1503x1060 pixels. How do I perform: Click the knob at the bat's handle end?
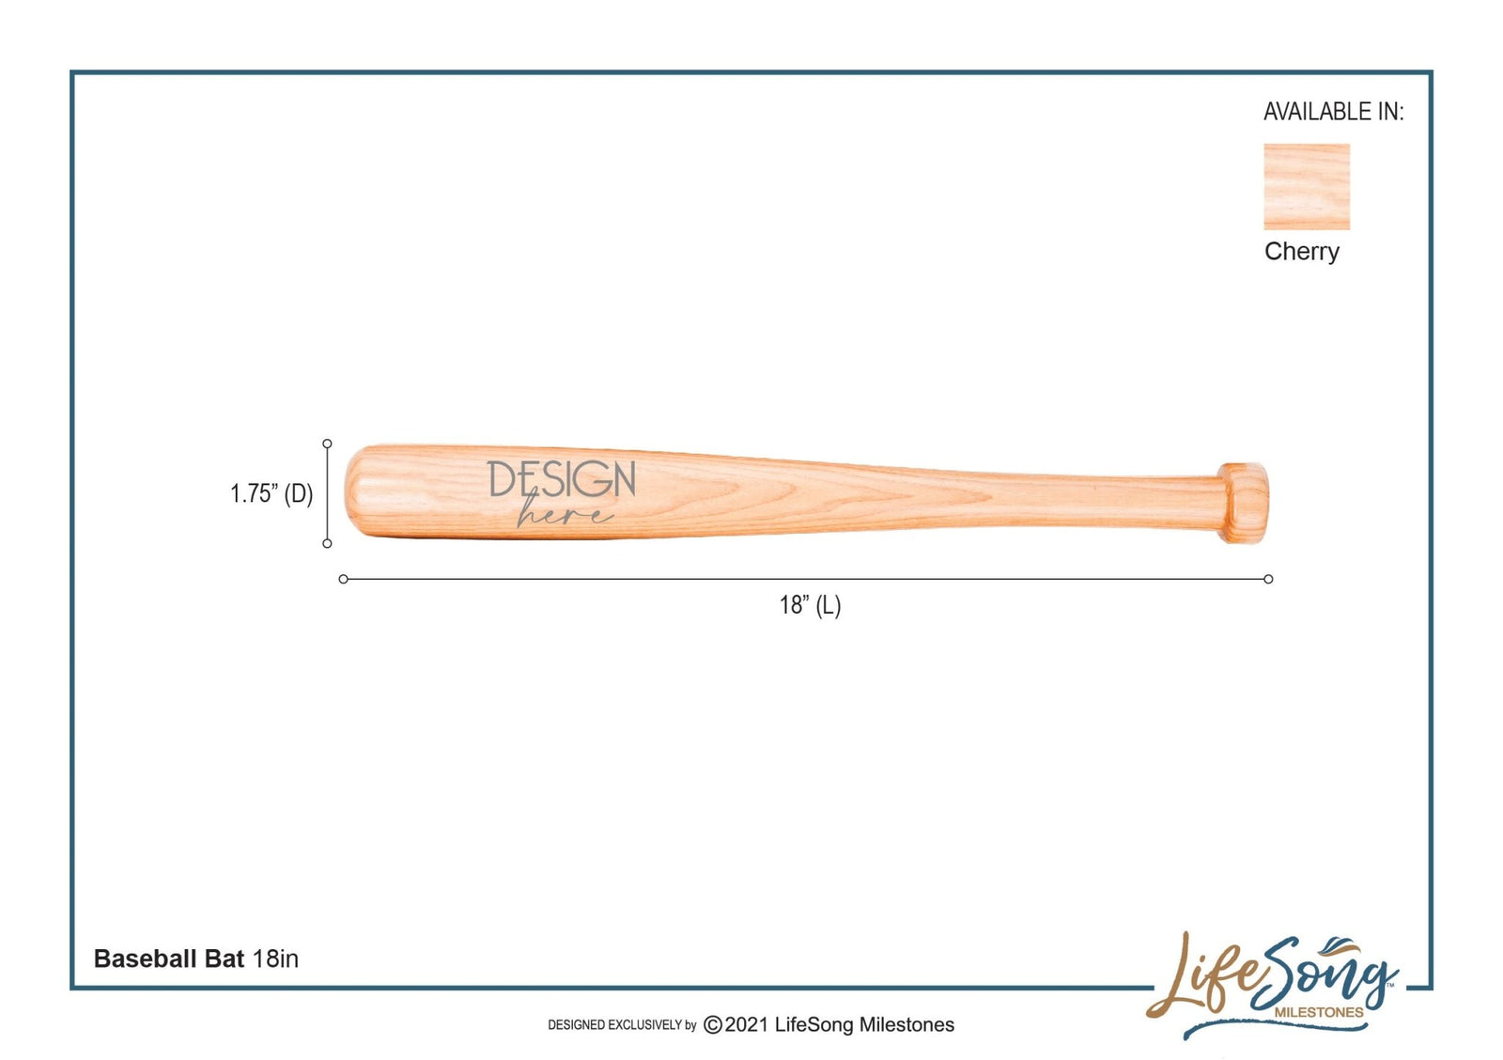pos(1244,503)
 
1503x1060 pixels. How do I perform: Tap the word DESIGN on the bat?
pos(562,480)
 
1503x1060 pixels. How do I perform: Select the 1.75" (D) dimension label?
pos(271,493)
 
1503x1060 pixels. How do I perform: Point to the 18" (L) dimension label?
pos(810,605)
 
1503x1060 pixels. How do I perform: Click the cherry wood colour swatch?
pos(1306,186)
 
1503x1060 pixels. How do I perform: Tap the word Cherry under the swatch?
pos(1301,252)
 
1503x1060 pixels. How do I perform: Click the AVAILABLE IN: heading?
pos(1333,112)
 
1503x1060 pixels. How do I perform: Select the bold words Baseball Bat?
pos(169,959)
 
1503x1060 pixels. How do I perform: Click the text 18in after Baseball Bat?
pos(275,959)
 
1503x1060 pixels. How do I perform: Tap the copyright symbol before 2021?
pos(713,1025)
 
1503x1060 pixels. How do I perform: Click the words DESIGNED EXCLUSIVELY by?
pos(622,1025)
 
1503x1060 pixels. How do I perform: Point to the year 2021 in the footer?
pos(747,1025)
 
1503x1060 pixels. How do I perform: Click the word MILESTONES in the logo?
pos(1318,1012)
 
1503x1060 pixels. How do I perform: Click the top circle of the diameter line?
pos(327,444)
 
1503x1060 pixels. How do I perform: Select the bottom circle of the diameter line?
pos(327,543)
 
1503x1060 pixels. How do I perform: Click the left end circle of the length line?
pos(344,579)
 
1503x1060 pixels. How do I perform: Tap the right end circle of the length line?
pos(1268,579)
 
